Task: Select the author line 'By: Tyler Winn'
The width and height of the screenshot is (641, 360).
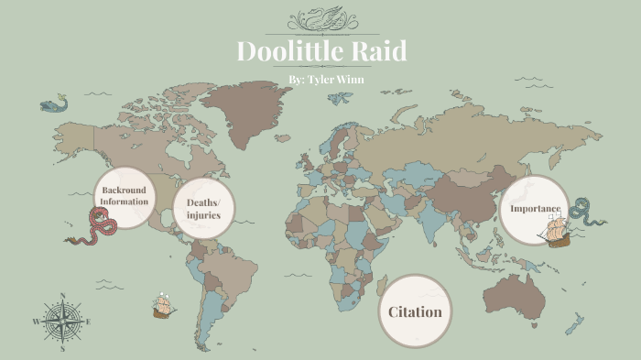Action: click(x=320, y=81)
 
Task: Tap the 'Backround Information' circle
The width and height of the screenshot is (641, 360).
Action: click(x=124, y=195)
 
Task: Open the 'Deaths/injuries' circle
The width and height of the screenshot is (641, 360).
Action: click(x=203, y=208)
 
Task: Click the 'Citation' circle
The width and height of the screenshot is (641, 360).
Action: click(x=415, y=311)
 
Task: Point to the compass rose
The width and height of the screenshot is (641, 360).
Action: click(x=62, y=322)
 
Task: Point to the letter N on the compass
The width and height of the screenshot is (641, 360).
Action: click(x=62, y=296)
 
